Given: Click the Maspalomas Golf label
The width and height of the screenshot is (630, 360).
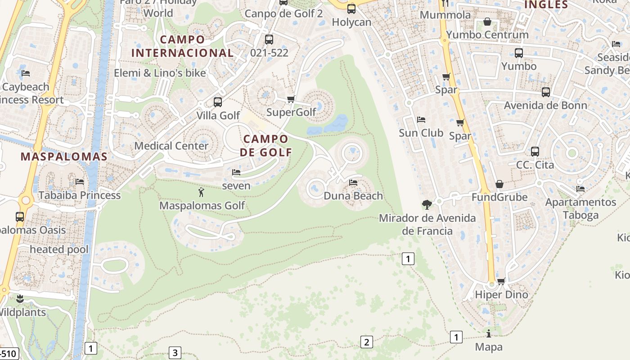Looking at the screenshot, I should click(x=202, y=206).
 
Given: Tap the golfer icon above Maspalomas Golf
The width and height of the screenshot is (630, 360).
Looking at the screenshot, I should click(x=201, y=193).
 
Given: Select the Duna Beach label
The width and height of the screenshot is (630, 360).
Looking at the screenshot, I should click(x=353, y=196).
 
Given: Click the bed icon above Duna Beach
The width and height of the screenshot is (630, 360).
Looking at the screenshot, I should click(x=353, y=183).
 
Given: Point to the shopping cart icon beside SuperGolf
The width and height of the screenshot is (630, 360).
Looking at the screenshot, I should click(x=291, y=99).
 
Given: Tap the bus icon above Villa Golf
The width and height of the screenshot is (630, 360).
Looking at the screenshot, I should click(x=218, y=102).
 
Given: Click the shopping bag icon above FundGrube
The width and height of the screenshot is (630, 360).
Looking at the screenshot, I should click(x=499, y=184).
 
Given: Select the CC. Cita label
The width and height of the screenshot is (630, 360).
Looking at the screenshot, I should click(x=535, y=165).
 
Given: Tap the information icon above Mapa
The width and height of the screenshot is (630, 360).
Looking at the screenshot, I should click(x=489, y=334).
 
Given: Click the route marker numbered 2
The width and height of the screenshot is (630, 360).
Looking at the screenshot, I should click(x=366, y=342).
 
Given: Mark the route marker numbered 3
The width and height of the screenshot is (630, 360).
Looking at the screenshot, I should click(x=175, y=353).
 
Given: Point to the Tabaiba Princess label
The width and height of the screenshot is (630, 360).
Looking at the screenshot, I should click(x=80, y=195).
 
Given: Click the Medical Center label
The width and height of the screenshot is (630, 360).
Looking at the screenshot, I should click(x=171, y=146).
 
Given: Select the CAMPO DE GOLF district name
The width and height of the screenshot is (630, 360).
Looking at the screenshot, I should click(x=266, y=145).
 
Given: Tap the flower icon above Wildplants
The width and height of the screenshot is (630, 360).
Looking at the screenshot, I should click(x=20, y=299).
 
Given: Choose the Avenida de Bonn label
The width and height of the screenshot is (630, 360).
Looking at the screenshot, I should click(x=545, y=106).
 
